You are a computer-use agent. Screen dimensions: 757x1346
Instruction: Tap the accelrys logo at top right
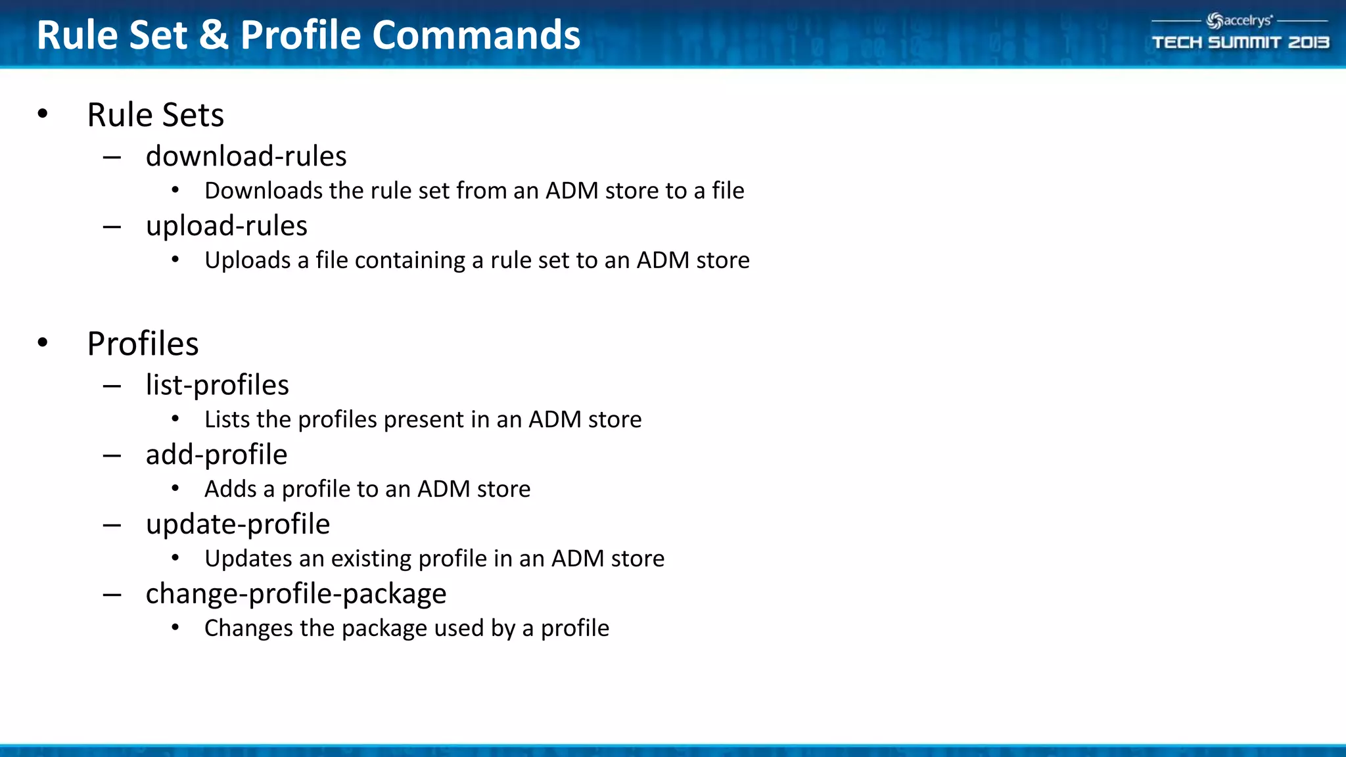(x=1240, y=21)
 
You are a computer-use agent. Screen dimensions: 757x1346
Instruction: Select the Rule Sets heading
(x=155, y=115)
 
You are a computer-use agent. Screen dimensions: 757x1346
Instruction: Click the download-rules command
(x=246, y=156)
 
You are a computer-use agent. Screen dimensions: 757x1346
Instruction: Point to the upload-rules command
(x=226, y=226)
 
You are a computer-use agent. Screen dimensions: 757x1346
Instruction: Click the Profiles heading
(x=143, y=344)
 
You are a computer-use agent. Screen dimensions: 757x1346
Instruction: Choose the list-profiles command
(x=217, y=385)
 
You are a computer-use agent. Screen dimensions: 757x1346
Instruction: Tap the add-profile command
(x=216, y=455)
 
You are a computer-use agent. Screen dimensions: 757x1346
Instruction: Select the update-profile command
(x=237, y=524)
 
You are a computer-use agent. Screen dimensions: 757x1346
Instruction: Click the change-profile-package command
(x=296, y=594)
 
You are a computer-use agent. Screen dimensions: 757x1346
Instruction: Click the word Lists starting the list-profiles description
(x=227, y=419)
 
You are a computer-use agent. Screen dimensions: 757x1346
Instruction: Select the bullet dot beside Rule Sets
(x=43, y=114)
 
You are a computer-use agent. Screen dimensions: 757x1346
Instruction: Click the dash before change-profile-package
(x=112, y=595)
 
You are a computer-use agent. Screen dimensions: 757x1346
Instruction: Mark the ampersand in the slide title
(x=214, y=35)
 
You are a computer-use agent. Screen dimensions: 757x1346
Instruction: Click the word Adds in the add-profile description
(x=230, y=489)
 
